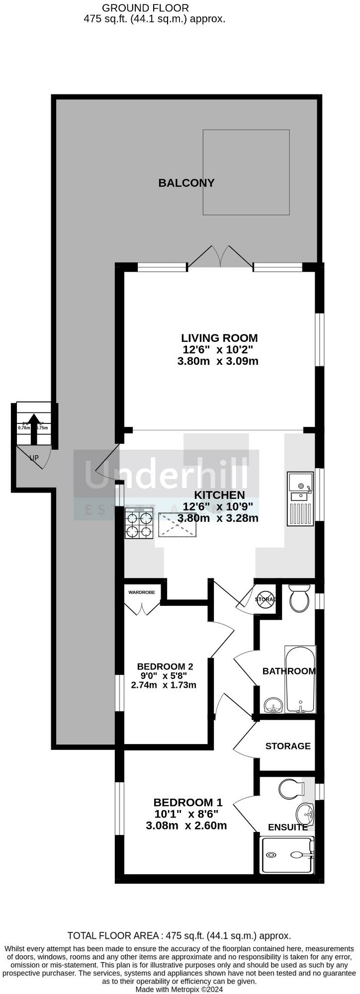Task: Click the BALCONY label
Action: tap(186, 183)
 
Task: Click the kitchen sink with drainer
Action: tap(300, 498)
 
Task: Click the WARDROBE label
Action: tap(142, 592)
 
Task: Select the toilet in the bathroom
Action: tap(299, 598)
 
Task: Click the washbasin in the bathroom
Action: tap(273, 705)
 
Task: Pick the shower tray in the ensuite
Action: tap(287, 855)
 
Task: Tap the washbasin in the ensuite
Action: tap(304, 814)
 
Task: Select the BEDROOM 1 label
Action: tap(188, 802)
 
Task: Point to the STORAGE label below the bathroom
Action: tap(287, 746)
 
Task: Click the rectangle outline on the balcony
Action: tap(246, 172)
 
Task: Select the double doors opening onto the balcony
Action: tap(220, 257)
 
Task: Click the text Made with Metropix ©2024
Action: tap(179, 989)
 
